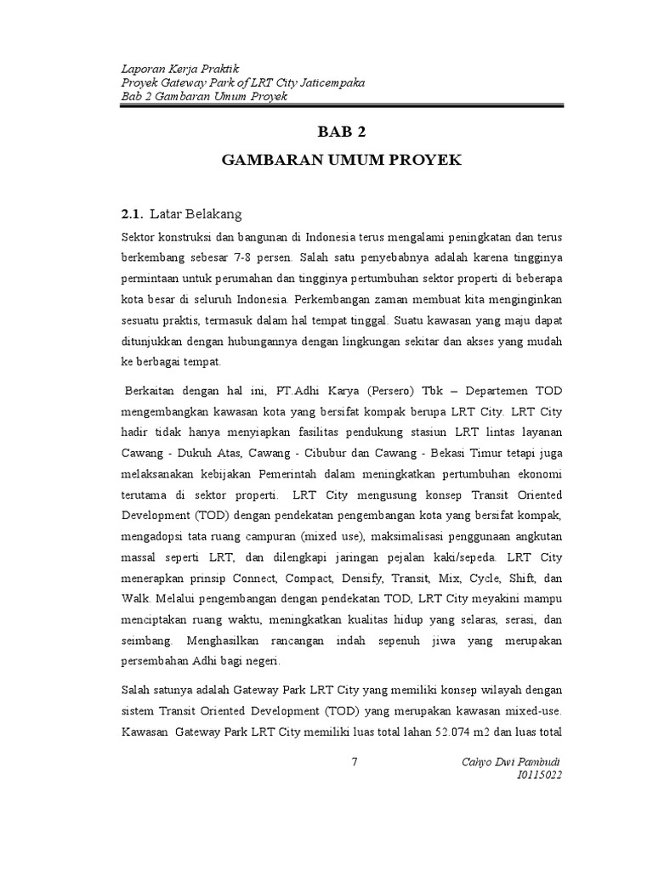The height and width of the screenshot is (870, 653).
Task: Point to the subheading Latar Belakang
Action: click(x=195, y=213)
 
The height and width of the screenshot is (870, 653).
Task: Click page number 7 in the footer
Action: click(x=355, y=760)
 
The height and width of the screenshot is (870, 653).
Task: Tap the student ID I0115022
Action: click(x=539, y=774)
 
